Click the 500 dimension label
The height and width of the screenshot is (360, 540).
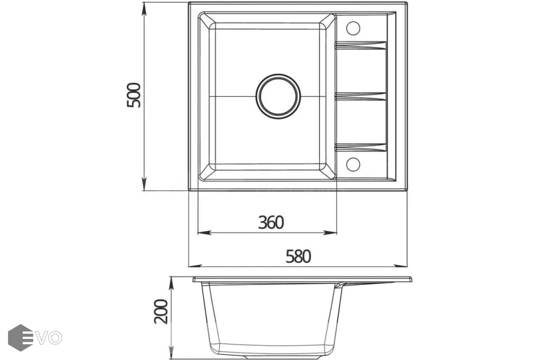click(134, 95)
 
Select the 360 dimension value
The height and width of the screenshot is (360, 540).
click(271, 222)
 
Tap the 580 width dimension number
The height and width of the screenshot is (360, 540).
click(298, 256)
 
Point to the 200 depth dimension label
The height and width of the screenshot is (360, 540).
click(160, 311)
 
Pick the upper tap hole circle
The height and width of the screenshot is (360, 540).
click(353, 28)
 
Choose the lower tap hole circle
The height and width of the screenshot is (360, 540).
click(353, 164)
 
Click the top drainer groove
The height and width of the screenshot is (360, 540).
click(361, 45)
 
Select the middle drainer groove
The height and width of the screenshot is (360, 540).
click(361, 96)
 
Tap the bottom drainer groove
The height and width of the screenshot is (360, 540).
click(361, 148)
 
